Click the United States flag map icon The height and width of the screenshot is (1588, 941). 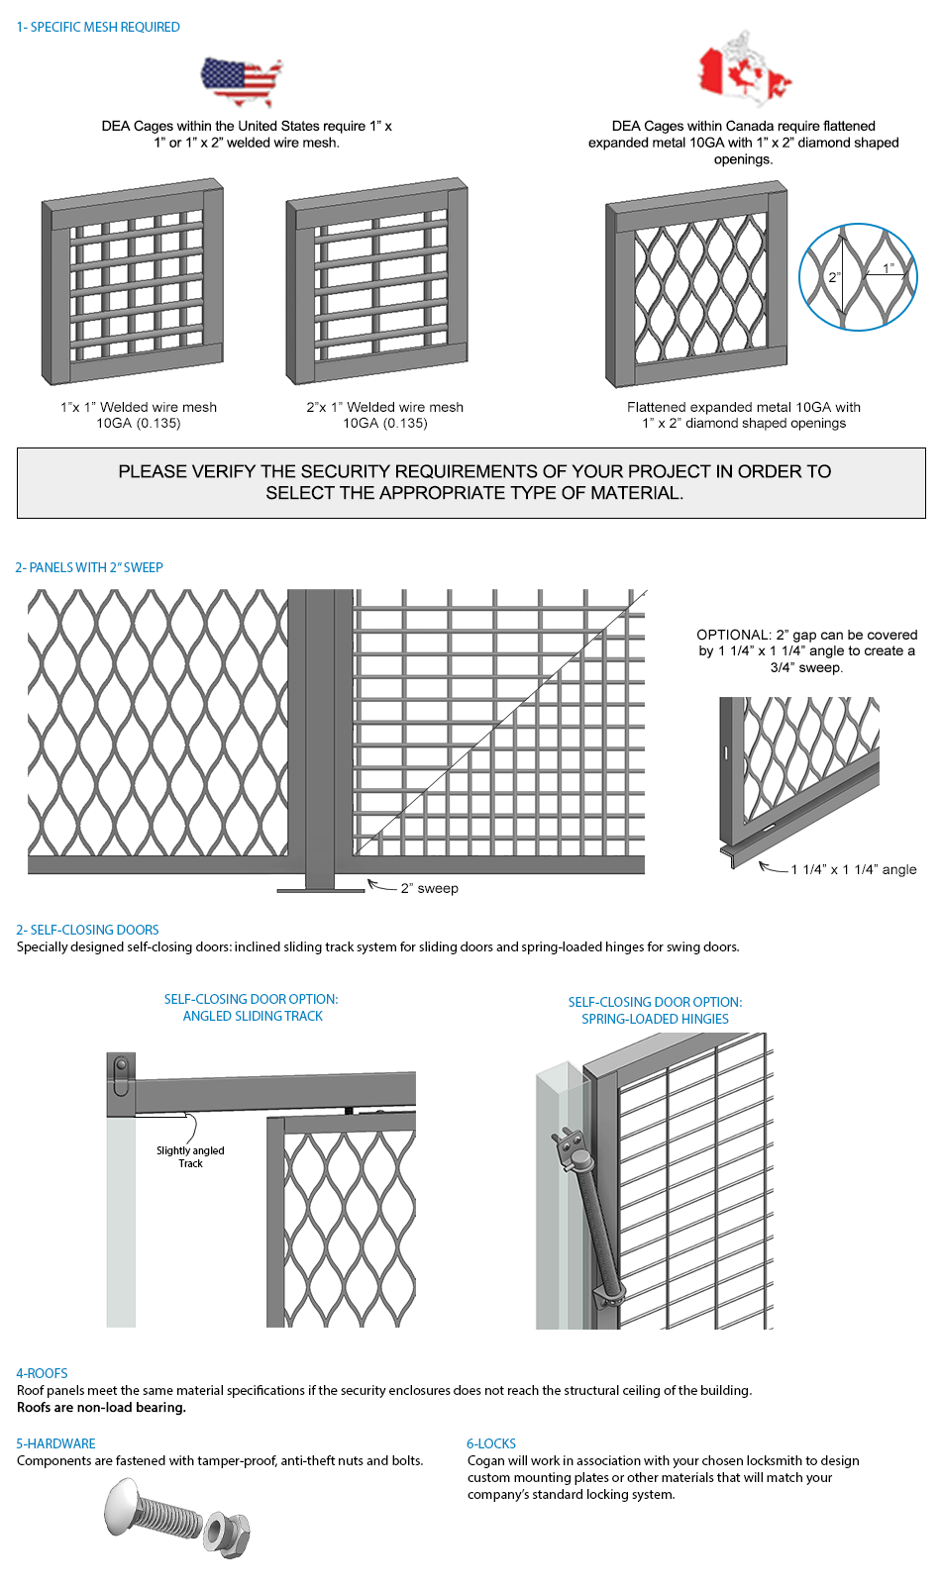(241, 82)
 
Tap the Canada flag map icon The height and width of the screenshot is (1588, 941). (744, 69)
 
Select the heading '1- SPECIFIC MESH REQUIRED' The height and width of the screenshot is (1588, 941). (98, 27)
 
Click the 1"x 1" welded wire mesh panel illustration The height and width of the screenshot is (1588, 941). (133, 283)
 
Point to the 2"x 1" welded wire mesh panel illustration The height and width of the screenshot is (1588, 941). (377, 282)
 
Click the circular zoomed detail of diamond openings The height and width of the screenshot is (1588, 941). (858, 277)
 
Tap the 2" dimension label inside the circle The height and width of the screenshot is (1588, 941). (834, 277)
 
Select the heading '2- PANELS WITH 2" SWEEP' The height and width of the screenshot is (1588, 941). (89, 567)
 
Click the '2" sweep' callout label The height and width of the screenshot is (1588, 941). (429, 888)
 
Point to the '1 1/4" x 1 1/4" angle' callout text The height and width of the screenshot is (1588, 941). (853, 869)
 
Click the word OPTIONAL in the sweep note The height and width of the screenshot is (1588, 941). (733, 635)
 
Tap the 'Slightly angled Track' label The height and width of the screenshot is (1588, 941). (190, 1156)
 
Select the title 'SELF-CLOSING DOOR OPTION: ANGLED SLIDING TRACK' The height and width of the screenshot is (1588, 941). (252, 1007)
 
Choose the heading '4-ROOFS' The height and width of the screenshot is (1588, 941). (42, 1373)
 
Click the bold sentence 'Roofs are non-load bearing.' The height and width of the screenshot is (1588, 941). (101, 1407)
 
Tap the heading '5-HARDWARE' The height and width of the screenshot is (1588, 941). (55, 1443)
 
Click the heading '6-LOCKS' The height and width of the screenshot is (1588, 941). (491, 1443)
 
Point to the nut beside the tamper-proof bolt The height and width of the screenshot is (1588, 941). (227, 1533)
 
